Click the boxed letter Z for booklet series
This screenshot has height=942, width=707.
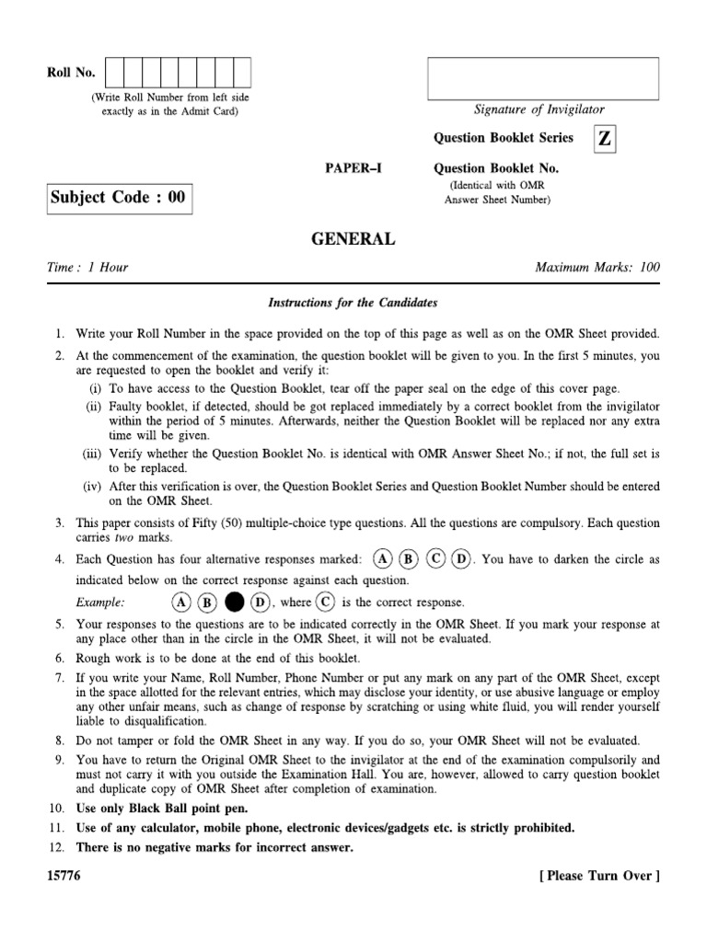pyautogui.click(x=604, y=139)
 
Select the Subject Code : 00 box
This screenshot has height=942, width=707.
pyautogui.click(x=119, y=198)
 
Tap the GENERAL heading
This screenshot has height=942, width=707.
pyautogui.click(x=353, y=239)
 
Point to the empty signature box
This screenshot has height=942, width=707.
pyautogui.click(x=542, y=78)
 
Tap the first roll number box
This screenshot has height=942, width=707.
pyautogui.click(x=115, y=72)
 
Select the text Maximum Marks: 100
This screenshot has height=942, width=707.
pyautogui.click(x=597, y=268)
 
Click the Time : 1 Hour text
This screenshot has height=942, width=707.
pyautogui.click(x=87, y=268)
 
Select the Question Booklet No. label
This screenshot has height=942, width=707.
pyautogui.click(x=496, y=169)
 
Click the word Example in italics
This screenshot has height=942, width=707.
pyautogui.click(x=100, y=603)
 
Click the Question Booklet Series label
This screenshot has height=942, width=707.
pyautogui.click(x=503, y=138)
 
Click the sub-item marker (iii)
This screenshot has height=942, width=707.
pyautogui.click(x=95, y=454)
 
